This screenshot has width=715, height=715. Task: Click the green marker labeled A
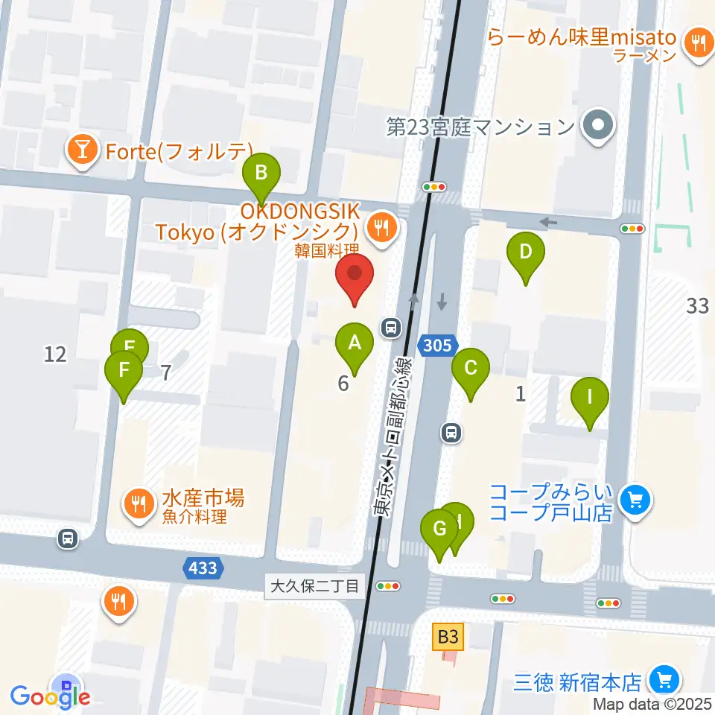pos(355,343)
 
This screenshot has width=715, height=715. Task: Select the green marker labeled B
pos(261,174)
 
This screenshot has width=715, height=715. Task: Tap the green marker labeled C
pos(471,368)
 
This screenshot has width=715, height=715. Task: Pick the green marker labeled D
pos(526,252)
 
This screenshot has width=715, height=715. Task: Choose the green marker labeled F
pos(124,370)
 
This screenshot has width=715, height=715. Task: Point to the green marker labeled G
pos(439,530)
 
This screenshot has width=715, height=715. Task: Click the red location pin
pos(355,276)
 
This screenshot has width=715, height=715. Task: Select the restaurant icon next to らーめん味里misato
pos(698,42)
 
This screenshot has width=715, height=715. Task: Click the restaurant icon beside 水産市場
pos(138,501)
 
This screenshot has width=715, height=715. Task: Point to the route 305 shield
pos(435,344)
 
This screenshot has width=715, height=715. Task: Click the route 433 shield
pos(203,568)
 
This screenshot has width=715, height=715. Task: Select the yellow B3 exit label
pos(448,637)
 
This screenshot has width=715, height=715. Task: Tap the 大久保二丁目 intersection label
pos(314,585)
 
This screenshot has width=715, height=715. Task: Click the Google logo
pos(51,696)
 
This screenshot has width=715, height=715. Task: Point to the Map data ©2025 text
pos(652,704)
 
